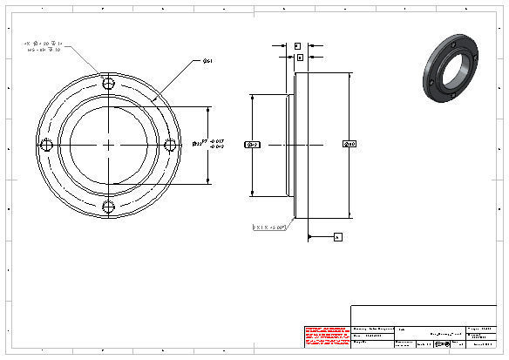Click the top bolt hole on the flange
point(108,85)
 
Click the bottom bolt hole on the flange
point(108,207)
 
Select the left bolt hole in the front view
point(47,146)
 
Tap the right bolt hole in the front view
point(169,146)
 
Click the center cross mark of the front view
point(108,146)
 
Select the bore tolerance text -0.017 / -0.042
point(218,144)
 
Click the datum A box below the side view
point(338,236)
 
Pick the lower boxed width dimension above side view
point(300,57)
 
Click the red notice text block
point(326,336)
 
